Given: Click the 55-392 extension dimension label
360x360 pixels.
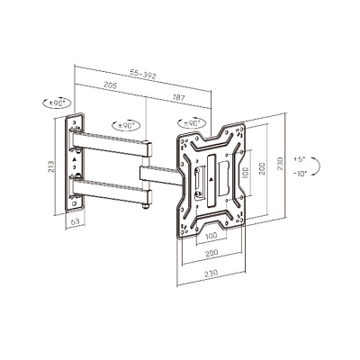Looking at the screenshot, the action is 143,74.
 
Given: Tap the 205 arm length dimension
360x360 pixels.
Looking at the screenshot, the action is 110,85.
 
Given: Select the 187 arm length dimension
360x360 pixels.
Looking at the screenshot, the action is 179,97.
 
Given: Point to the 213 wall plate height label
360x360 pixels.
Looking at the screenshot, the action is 50,166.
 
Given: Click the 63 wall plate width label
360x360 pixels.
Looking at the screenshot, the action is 75,221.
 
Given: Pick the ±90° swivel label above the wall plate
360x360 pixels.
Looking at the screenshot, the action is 57,103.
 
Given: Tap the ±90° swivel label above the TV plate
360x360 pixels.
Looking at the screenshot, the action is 192,123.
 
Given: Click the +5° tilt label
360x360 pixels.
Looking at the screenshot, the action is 299,158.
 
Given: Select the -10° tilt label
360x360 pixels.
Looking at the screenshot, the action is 300,173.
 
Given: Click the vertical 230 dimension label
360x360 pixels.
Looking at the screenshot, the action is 280,163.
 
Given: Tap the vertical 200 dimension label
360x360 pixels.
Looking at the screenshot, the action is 262,168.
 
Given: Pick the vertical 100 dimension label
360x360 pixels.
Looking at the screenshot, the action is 245,173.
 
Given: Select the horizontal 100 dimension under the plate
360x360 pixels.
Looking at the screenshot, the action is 211,236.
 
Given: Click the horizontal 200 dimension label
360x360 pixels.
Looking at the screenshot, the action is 211,253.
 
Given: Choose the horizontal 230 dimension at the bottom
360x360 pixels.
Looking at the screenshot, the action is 211,274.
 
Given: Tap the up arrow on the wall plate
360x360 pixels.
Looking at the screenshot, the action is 75,159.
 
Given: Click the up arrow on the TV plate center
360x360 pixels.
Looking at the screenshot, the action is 211,180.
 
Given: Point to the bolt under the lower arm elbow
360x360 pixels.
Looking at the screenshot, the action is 146,207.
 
